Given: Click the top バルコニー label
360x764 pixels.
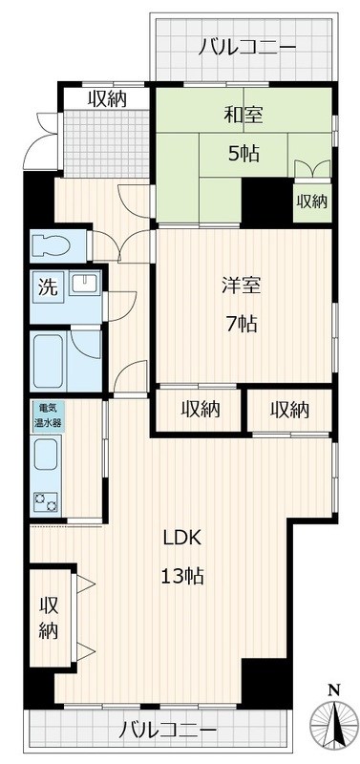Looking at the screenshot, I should pos(248,47).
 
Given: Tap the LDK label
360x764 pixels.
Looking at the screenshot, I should pos(180,537).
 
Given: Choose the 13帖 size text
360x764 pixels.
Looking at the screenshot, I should pos(180,576).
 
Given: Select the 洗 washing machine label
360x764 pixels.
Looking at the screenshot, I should pos(46,286).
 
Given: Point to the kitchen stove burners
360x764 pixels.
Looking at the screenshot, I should pos(46,499).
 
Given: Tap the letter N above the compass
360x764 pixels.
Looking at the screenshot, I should pos(332,690).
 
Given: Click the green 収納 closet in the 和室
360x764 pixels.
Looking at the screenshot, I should pos(311,201).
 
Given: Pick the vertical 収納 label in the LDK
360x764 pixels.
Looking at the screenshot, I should pos(49,618).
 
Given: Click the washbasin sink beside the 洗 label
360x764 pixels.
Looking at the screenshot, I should pos(84,285).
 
